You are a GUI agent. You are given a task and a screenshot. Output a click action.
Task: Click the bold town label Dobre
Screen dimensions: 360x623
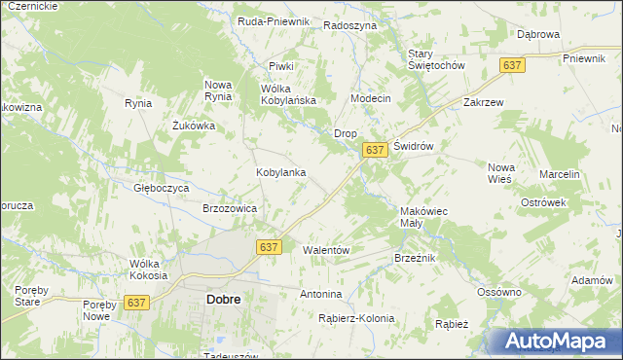[x=224, y=301]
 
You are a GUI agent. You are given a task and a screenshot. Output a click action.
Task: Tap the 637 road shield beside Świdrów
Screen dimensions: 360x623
[x=377, y=150]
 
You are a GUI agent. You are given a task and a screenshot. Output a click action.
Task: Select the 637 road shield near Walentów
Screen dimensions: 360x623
[x=270, y=247]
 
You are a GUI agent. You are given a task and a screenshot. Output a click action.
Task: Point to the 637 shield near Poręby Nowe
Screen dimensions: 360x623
[x=137, y=304]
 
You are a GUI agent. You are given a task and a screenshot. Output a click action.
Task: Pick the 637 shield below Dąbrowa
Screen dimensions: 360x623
[x=514, y=64]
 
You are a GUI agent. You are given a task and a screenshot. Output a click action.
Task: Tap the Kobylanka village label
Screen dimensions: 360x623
[x=281, y=173]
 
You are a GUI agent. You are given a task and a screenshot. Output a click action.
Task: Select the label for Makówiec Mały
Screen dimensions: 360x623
[x=424, y=216]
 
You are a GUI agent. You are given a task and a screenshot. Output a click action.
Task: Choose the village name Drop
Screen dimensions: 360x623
[x=346, y=133]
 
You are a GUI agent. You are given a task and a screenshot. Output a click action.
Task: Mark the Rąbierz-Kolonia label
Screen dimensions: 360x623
[x=356, y=318]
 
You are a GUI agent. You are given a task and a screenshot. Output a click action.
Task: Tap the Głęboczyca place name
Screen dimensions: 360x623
[x=161, y=189]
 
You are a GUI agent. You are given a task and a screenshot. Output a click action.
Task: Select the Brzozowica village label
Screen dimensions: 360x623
[x=229, y=208]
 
